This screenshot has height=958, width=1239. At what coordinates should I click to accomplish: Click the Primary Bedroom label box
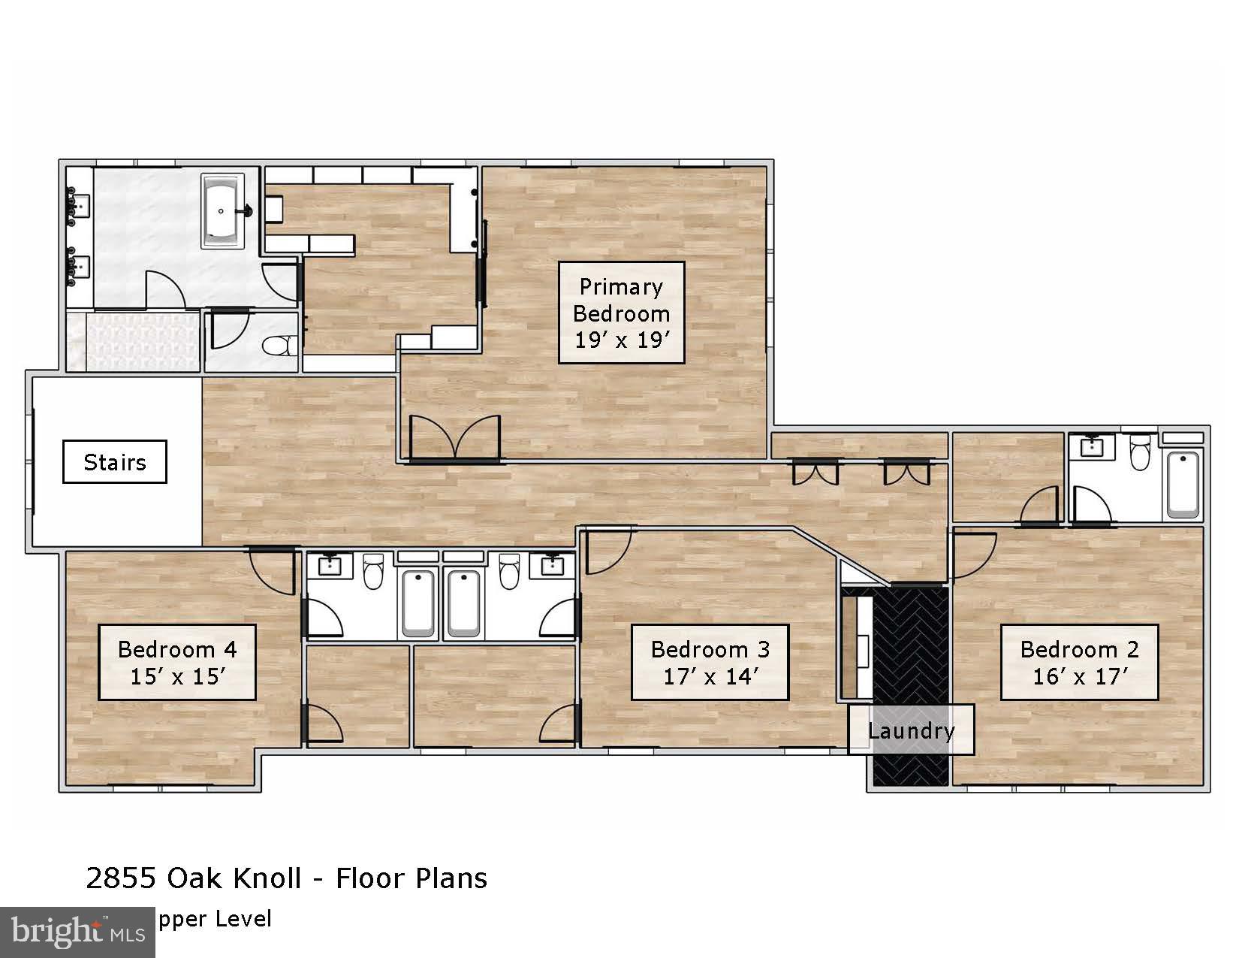coord(621,313)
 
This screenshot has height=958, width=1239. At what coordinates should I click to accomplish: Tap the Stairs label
coord(114,461)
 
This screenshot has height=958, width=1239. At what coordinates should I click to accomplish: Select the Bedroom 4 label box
coord(177,662)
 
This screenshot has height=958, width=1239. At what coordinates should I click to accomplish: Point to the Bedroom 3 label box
coord(710,662)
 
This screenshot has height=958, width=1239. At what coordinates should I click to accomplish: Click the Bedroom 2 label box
coord(1079,662)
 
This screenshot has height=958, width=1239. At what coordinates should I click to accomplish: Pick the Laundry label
coord(911,730)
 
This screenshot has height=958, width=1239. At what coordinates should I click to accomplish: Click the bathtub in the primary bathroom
coord(222,211)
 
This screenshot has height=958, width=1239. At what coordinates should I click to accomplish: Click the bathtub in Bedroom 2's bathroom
coord(1183,483)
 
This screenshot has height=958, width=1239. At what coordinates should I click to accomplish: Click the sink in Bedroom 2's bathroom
coord(1090,447)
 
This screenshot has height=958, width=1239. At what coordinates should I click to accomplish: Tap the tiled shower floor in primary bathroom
coord(134,342)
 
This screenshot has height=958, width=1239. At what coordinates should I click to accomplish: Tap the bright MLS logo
coord(77,932)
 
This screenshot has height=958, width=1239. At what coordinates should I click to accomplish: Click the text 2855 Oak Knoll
coord(194,878)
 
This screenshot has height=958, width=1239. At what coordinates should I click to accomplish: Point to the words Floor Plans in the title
coord(411,878)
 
